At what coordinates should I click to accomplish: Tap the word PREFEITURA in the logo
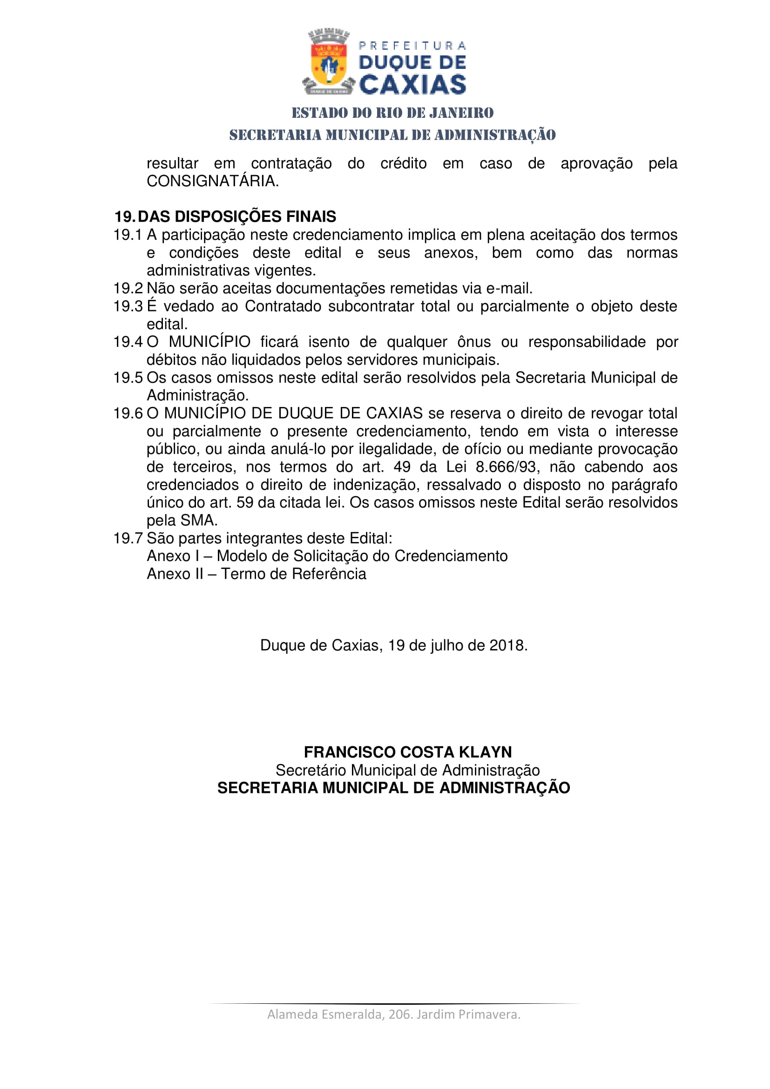[x=412, y=46]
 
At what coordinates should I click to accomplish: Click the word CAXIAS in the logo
[x=412, y=84]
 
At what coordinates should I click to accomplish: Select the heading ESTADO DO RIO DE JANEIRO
[x=392, y=113]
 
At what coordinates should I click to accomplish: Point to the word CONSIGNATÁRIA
[x=212, y=181]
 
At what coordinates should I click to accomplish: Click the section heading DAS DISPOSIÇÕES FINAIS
[x=236, y=217]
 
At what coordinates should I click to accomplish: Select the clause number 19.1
[x=128, y=235]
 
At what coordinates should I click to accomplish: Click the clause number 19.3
[x=128, y=306]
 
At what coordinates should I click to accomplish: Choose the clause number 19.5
[x=128, y=378]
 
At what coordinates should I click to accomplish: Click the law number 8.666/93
[x=506, y=467]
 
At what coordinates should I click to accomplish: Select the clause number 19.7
[x=128, y=538]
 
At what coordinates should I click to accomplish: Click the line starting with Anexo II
[x=257, y=574]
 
